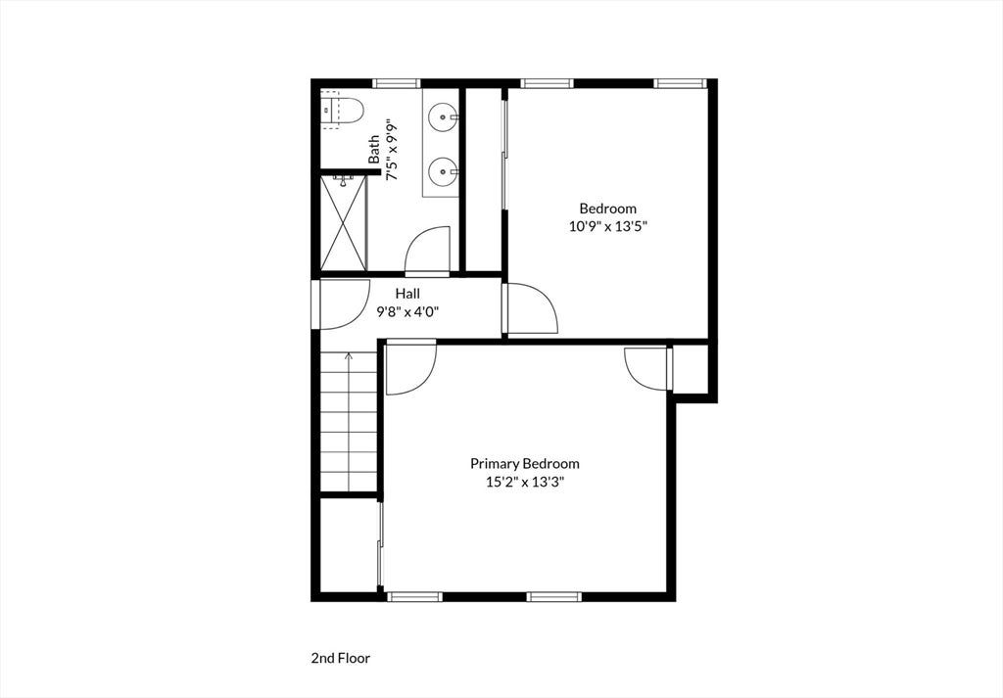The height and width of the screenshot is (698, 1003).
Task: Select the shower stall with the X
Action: click(x=344, y=223)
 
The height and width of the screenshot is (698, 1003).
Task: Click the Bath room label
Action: click(x=374, y=149)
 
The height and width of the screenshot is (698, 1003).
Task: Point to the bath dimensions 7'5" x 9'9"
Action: click(x=392, y=149)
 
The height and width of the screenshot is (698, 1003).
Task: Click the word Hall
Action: click(x=407, y=294)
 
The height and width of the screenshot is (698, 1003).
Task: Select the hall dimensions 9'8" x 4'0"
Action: click(x=407, y=312)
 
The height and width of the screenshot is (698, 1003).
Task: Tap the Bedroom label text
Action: click(x=607, y=209)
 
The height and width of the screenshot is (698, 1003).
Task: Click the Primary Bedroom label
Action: click(x=525, y=463)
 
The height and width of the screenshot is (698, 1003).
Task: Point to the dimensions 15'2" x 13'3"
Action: click(x=525, y=482)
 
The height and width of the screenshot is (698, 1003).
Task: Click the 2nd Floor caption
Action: click(x=341, y=658)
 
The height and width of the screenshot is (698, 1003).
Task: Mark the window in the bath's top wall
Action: click(x=397, y=83)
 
